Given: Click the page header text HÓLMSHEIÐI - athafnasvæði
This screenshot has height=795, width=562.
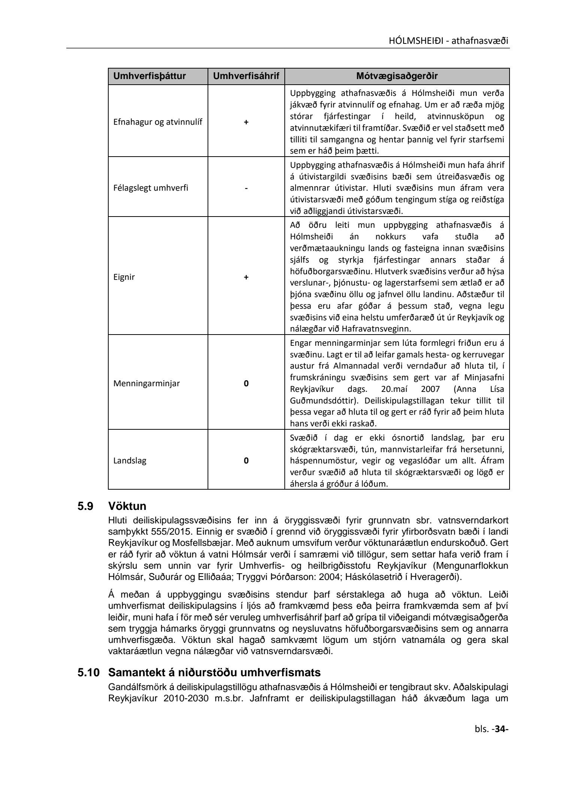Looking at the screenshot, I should [x=448, y=40].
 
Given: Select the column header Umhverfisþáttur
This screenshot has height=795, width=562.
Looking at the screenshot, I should [x=149, y=76].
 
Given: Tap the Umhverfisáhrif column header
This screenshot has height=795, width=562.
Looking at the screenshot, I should [x=246, y=76].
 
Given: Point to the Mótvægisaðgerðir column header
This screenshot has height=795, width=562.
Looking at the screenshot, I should [x=397, y=76].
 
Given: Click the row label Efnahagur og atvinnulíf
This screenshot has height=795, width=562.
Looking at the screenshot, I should [x=158, y=122].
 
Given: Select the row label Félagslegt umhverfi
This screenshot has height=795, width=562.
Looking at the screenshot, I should [x=151, y=188].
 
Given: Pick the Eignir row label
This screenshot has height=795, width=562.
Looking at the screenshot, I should [x=124, y=277].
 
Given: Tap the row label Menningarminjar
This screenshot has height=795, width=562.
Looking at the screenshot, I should [x=146, y=383].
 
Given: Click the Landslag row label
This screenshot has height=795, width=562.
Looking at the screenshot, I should [x=130, y=460].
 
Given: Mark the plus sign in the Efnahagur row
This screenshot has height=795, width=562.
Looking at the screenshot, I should [x=246, y=122].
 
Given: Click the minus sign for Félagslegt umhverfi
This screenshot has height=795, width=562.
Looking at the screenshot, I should [x=246, y=188].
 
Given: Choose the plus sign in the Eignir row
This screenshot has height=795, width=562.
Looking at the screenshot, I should [x=246, y=277].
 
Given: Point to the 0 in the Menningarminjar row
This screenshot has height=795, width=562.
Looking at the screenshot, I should [x=246, y=384].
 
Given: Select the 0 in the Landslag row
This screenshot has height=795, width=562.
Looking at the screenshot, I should [x=246, y=461].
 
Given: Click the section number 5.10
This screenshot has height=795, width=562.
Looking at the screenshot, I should [x=88, y=672].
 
